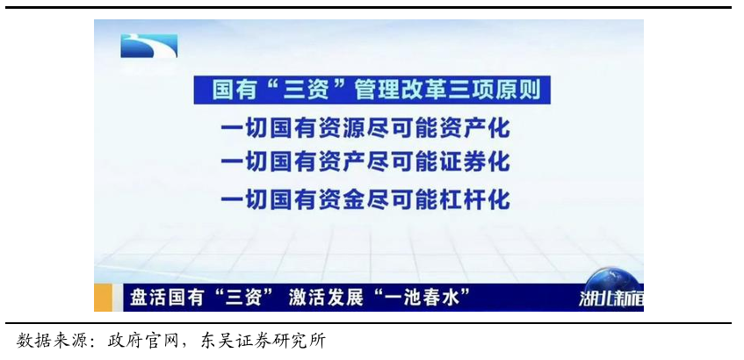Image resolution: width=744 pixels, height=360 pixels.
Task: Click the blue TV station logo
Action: click(149, 46)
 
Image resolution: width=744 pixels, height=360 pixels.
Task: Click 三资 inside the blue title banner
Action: click(306, 90)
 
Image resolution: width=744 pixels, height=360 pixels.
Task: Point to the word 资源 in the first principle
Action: click(342, 128)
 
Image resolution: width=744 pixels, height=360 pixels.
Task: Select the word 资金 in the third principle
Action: click(342, 199)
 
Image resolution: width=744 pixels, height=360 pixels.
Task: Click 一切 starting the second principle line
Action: click(245, 162)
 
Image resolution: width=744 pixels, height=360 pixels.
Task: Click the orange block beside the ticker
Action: click(103, 298)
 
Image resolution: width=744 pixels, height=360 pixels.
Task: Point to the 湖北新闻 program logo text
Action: click(611, 299)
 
